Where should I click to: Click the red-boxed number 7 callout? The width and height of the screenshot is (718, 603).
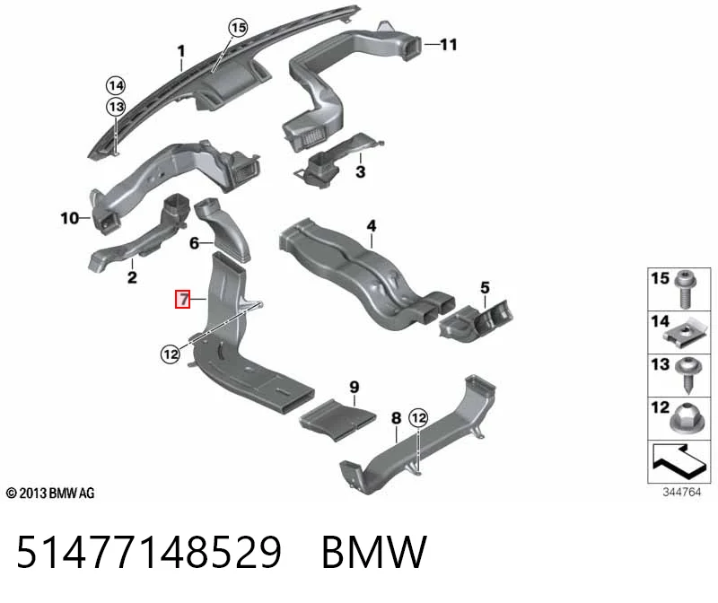click(x=183, y=299)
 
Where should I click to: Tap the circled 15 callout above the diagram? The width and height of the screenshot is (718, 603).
click(x=238, y=28)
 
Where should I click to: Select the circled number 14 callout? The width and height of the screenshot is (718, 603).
click(x=116, y=85)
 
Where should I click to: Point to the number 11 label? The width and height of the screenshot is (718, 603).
click(x=449, y=45)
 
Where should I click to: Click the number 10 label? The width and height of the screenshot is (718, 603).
click(x=70, y=218)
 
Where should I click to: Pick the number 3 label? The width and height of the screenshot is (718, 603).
click(x=361, y=171)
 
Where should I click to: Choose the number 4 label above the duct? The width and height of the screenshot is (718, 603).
click(x=372, y=226)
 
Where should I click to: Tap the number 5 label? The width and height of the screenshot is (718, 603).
click(x=485, y=287)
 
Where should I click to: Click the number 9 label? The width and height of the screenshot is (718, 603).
click(x=354, y=388)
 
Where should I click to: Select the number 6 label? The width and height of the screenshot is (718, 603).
click(x=194, y=243)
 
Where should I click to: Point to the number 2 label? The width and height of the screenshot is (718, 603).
click(x=132, y=277)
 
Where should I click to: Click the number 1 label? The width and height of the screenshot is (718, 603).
click(x=181, y=51)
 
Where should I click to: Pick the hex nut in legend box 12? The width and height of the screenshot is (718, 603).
click(x=687, y=417)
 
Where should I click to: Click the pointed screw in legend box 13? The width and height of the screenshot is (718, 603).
click(x=688, y=375)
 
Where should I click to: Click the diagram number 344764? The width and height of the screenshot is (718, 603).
click(x=681, y=493)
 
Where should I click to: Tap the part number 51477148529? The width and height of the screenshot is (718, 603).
click(x=149, y=552)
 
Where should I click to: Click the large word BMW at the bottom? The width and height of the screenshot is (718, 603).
click(x=374, y=552)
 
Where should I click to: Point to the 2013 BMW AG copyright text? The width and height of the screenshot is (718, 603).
click(x=50, y=494)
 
